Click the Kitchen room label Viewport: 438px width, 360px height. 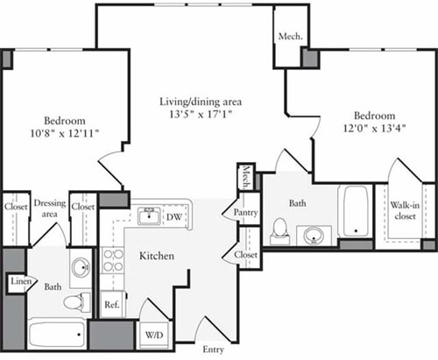[157, 256]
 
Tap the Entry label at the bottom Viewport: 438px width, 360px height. [213, 350]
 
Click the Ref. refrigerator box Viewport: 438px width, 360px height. [111, 306]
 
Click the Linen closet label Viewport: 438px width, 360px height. [18, 282]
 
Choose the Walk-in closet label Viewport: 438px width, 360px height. [404, 211]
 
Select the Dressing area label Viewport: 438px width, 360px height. [50, 208]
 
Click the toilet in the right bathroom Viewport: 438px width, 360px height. [281, 229]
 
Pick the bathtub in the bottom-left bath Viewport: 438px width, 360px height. [57, 335]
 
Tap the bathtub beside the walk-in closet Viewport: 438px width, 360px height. [356, 213]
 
